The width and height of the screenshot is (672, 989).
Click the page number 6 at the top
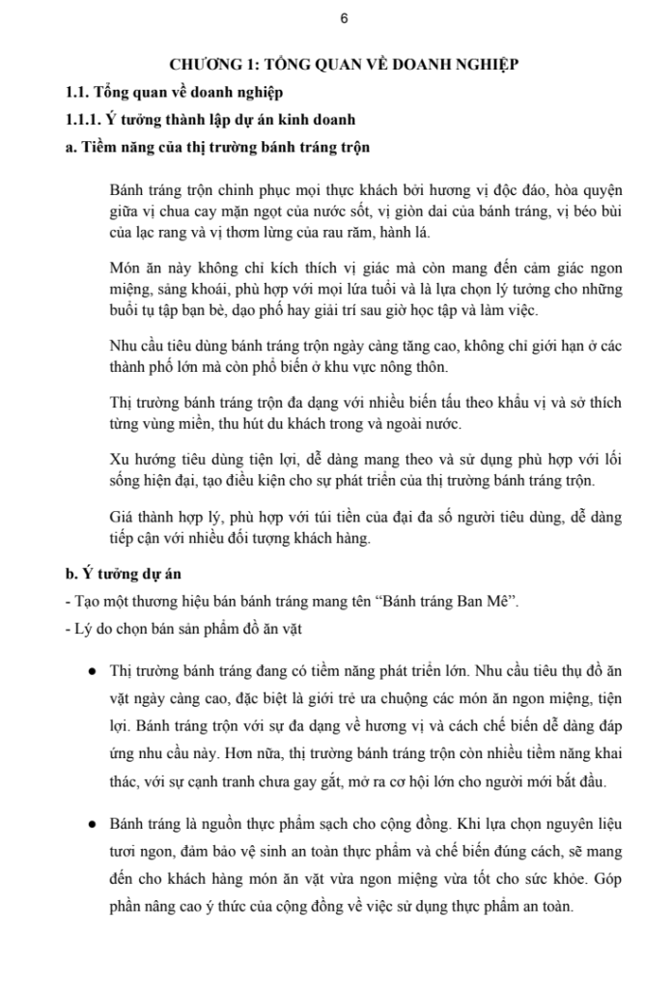pos(344,19)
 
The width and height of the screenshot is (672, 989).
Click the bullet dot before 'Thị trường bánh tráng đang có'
pos(90,670)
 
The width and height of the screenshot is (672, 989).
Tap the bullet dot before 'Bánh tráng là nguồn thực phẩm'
pos(90,824)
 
